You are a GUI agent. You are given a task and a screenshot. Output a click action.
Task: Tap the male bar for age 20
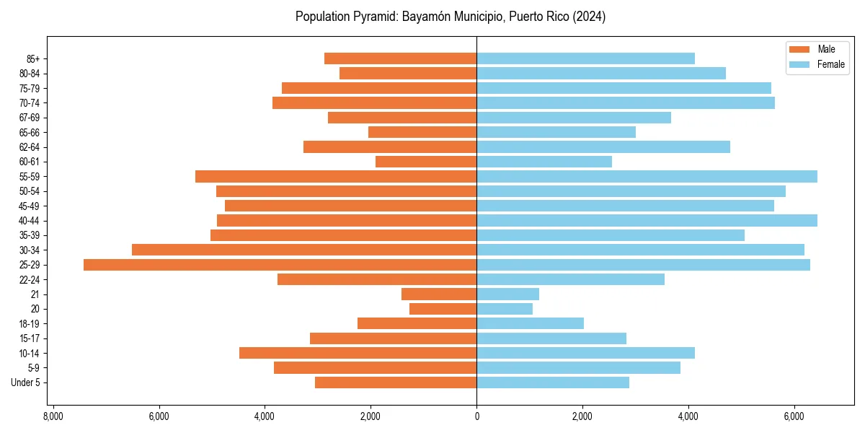click(x=443, y=309)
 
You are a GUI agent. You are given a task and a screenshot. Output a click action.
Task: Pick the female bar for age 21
click(x=507, y=294)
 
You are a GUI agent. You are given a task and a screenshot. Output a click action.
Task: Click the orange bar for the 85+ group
click(x=400, y=58)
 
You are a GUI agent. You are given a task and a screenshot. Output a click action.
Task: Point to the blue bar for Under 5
click(x=553, y=382)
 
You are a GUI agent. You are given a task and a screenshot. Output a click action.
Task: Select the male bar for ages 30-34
click(x=304, y=250)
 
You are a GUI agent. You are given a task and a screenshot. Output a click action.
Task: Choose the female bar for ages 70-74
click(x=626, y=103)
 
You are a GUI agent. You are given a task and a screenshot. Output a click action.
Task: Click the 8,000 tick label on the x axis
click(x=53, y=416)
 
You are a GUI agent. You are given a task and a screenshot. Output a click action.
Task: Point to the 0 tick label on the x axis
click(x=476, y=416)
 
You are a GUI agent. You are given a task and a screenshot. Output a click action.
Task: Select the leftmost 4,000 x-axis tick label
click(x=265, y=416)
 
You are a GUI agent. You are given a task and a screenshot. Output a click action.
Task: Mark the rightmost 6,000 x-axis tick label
click(x=794, y=416)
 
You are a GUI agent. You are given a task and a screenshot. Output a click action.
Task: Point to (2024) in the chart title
click(x=589, y=17)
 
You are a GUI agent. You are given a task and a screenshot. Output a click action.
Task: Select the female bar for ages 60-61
click(x=544, y=162)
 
